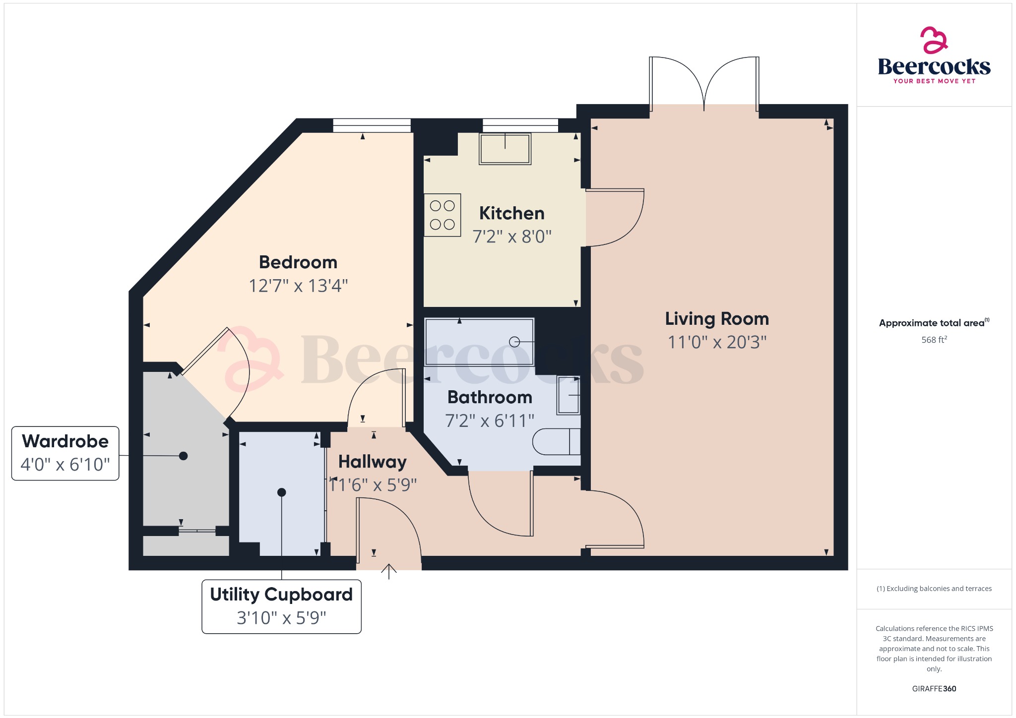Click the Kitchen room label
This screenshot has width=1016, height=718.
click(511, 213)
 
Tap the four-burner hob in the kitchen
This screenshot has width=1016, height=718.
click(443, 215)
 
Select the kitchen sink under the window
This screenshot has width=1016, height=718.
click(505, 149)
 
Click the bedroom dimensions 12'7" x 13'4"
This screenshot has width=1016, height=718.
click(298, 286)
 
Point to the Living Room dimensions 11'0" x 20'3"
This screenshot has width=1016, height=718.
click(717, 342)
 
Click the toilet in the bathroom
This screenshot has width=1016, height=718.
click(556, 441)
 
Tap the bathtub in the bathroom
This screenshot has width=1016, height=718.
click(479, 342)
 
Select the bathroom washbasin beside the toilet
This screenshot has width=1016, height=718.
click(569, 395)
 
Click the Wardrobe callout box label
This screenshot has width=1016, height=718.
click(65, 441)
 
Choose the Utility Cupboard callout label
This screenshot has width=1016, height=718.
click(281, 595)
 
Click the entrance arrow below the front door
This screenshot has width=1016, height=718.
click(389, 571)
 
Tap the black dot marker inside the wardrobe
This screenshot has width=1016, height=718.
click(183, 456)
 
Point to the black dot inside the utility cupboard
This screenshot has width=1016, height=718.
click(282, 492)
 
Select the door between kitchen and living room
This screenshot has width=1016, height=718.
click(614, 217)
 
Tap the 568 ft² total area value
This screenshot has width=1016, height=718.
click(934, 340)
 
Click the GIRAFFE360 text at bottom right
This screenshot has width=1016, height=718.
click(934, 689)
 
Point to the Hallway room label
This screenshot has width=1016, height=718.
click(372, 462)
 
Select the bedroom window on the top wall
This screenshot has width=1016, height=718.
click(372, 125)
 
